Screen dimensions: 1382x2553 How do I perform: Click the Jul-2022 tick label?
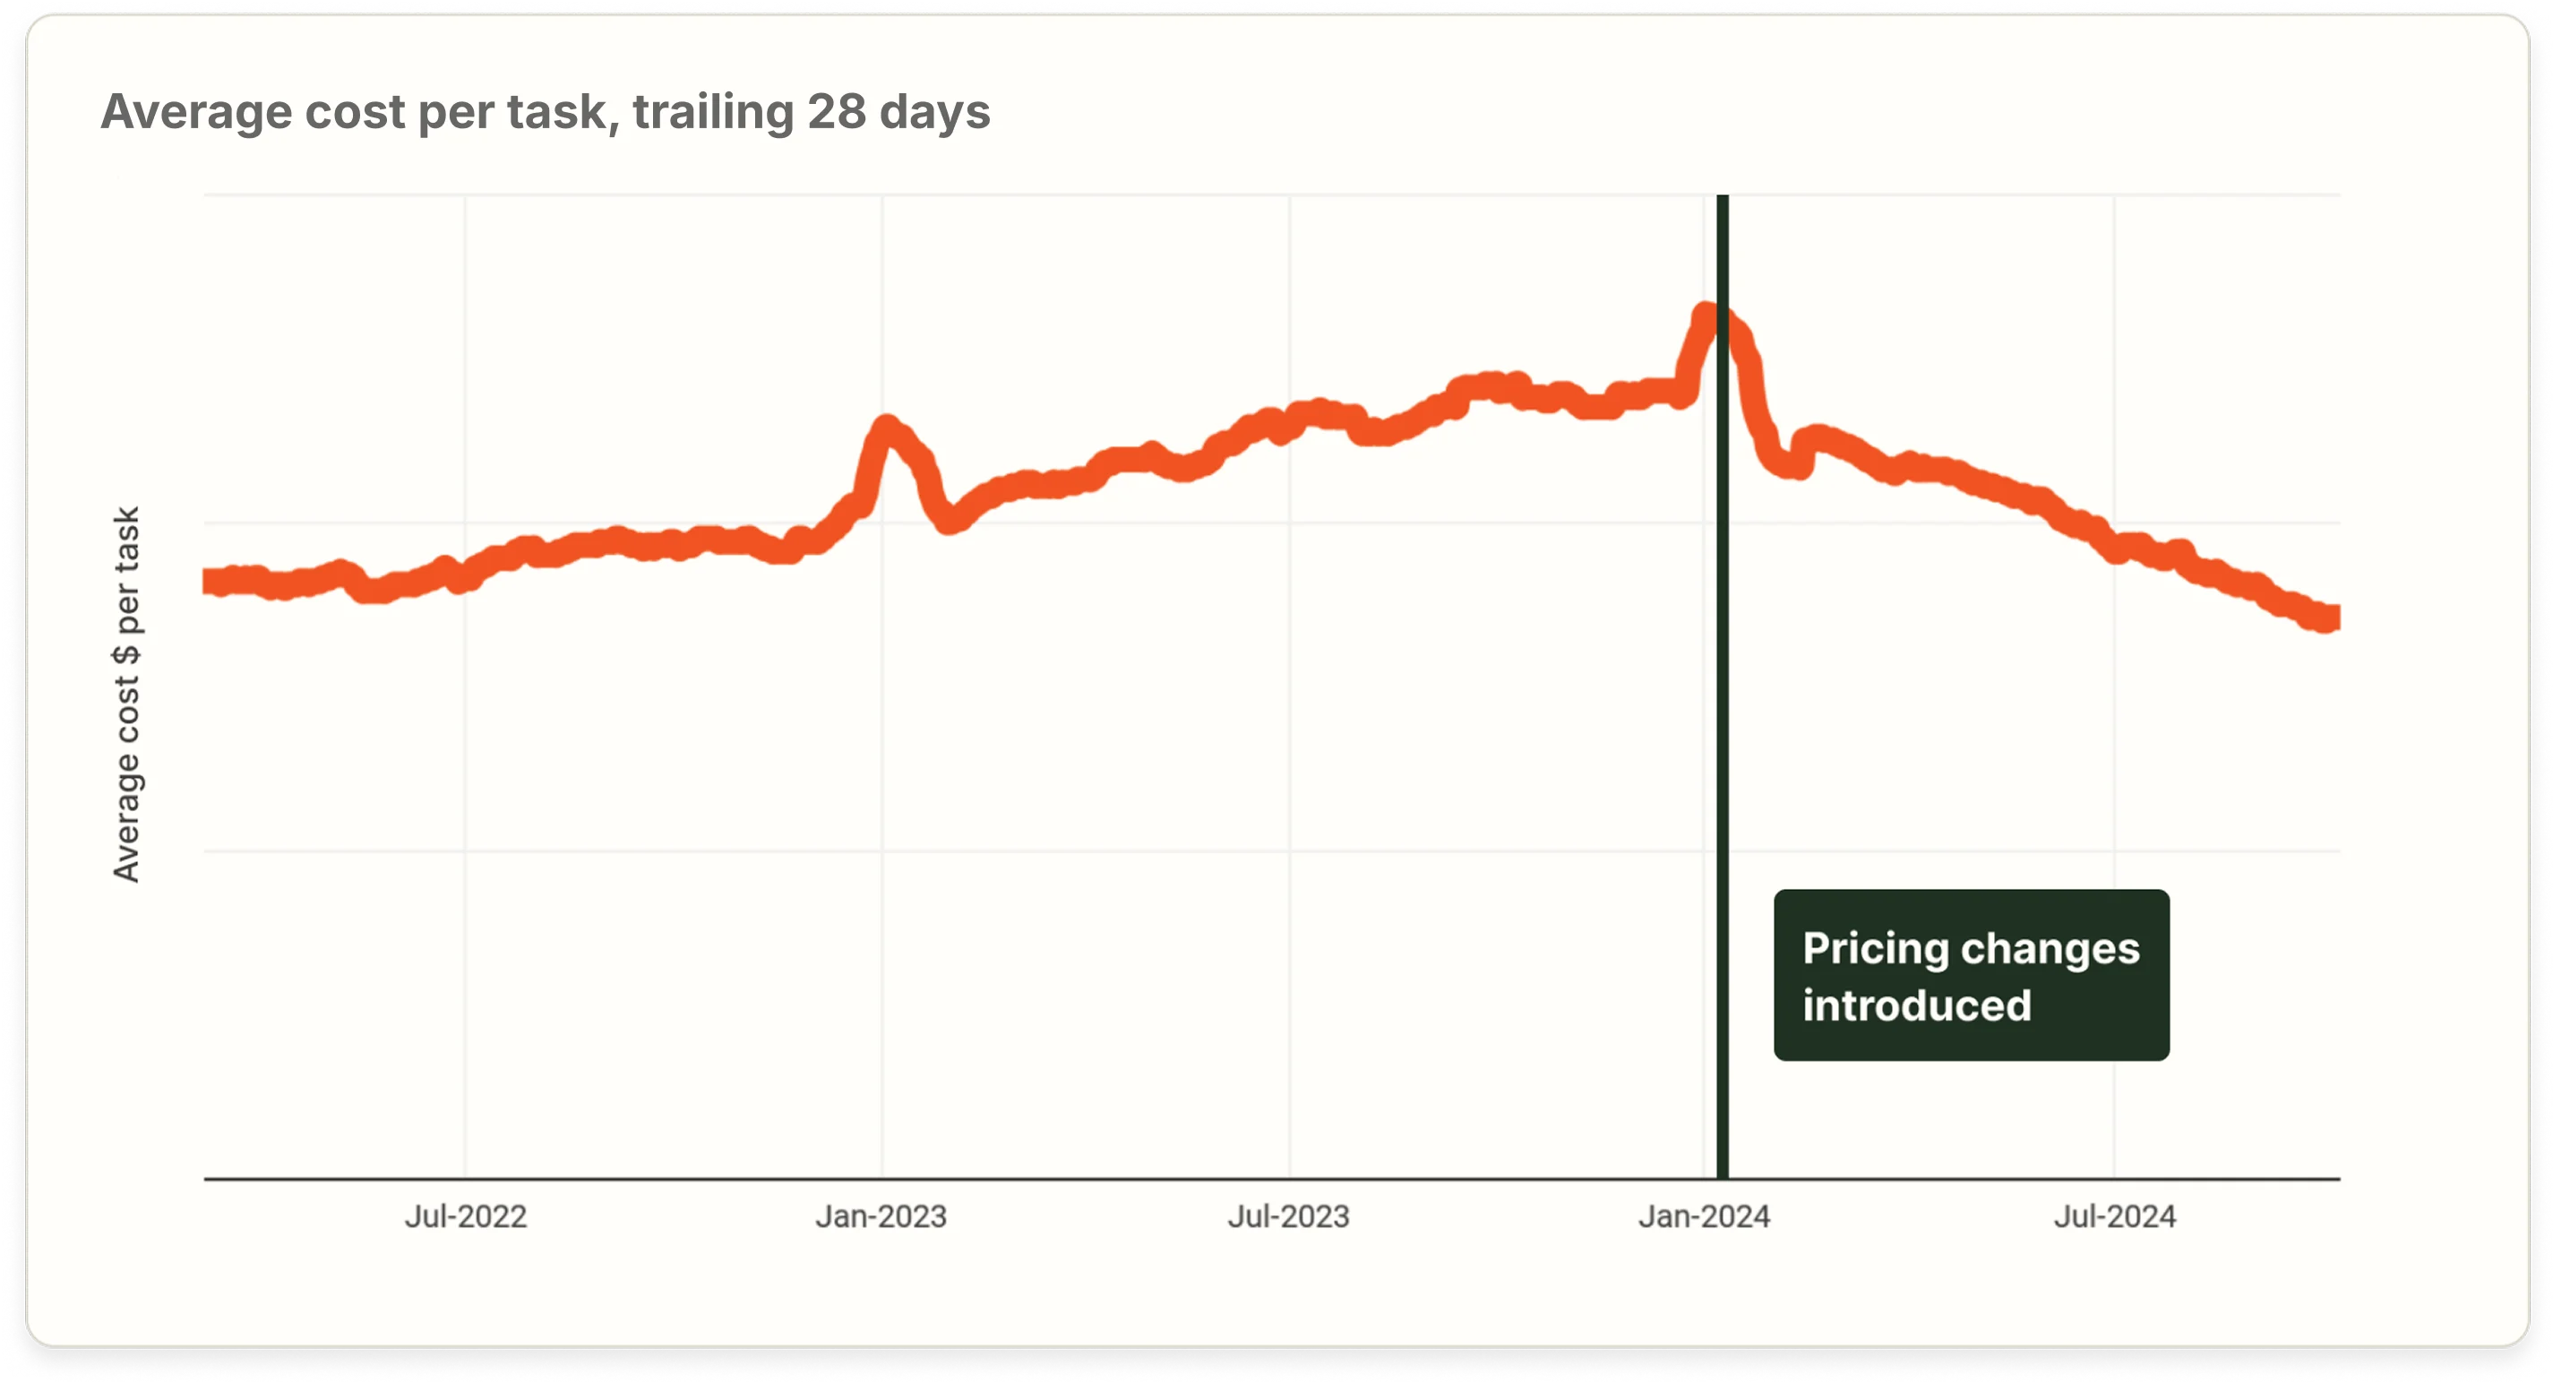pos(465,1216)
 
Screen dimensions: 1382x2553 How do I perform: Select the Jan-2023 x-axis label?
pos(881,1216)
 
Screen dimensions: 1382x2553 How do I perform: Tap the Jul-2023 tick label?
pos(1288,1216)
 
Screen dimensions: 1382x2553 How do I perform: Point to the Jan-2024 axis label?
pos(1704,1216)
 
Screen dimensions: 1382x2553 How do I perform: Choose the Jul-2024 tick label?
pos(2114,1216)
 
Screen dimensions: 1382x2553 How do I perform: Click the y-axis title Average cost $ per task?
pos(127,694)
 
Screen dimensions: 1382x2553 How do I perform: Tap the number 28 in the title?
pos(837,111)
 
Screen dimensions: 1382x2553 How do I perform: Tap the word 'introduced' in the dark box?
pos(1916,1006)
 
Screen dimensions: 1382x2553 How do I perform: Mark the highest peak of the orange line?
pos(1707,315)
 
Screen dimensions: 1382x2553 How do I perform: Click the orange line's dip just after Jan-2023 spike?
pos(950,521)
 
